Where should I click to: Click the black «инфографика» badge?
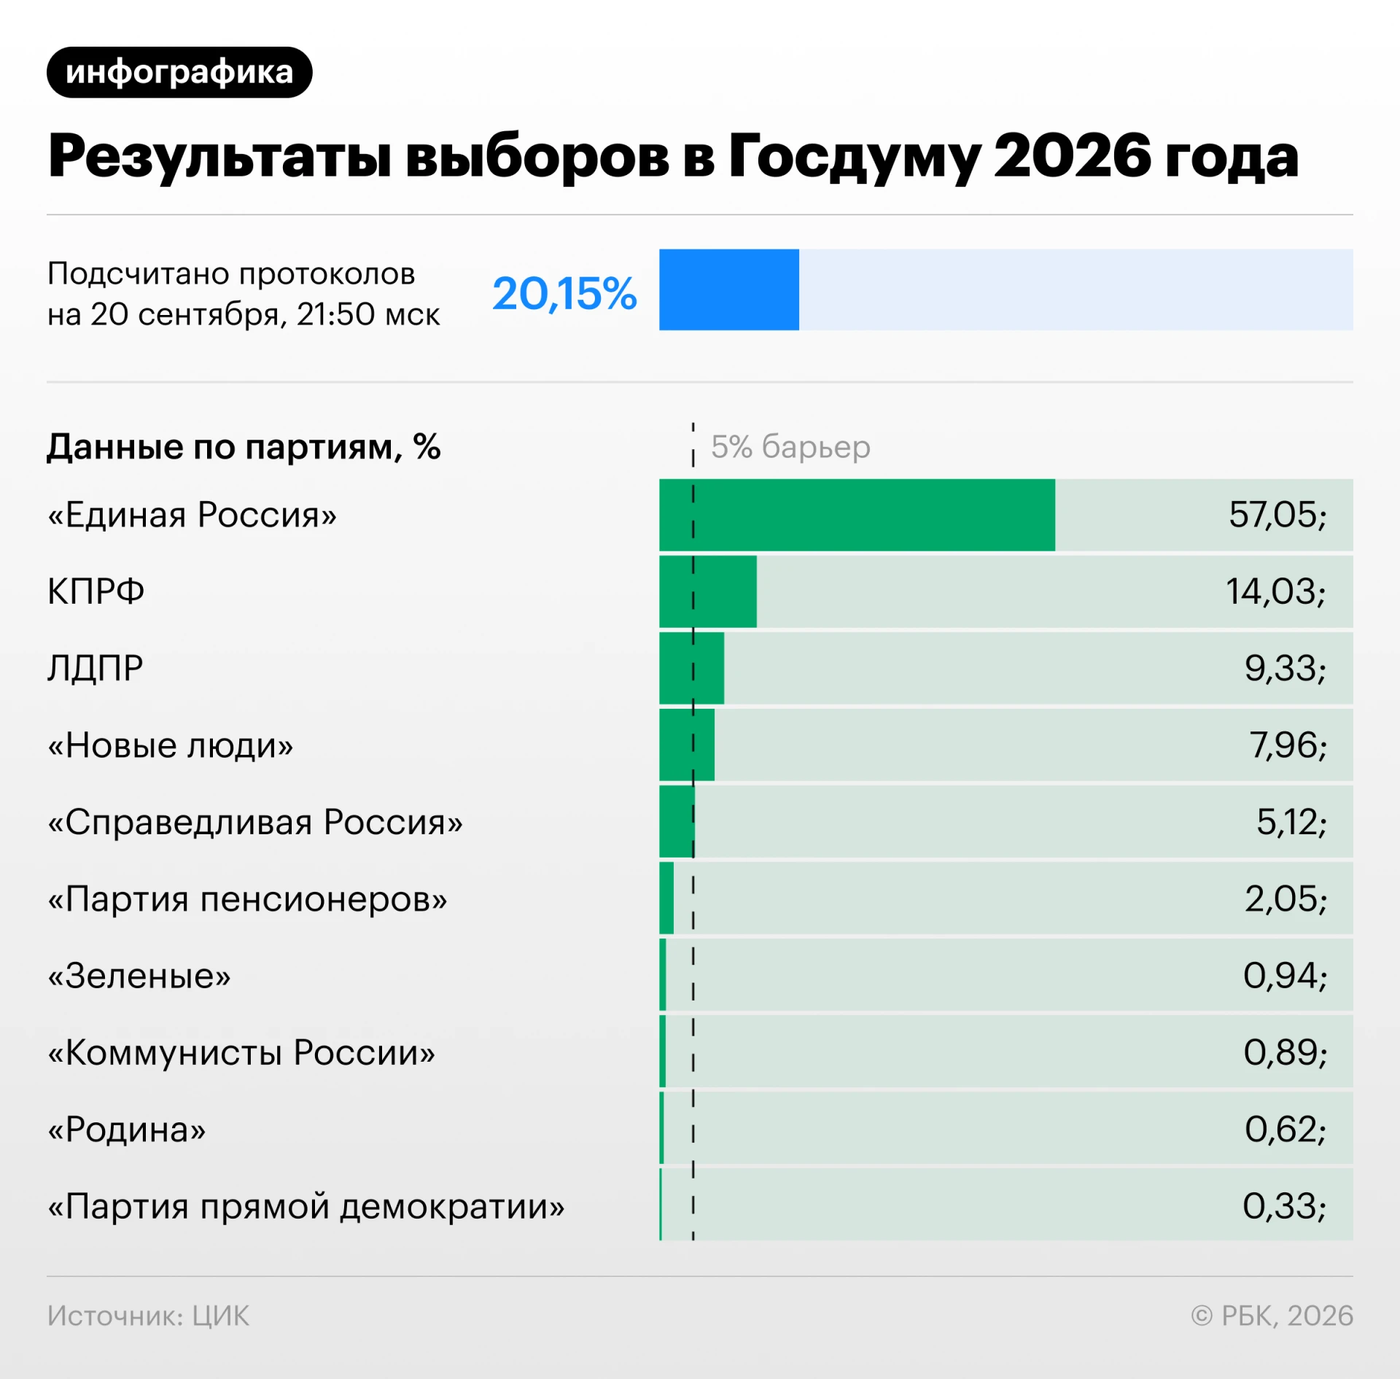coord(179,72)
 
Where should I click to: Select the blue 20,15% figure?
coord(564,293)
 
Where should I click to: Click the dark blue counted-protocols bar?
coord(729,290)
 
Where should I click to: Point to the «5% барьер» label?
coord(790,446)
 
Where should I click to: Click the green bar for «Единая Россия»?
coord(857,515)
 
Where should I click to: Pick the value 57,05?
coord(1277,515)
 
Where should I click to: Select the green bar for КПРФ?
coord(708,591)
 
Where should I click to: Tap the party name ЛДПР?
coord(96,668)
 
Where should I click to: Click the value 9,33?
coord(1286,668)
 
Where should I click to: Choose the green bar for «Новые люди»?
coord(687,745)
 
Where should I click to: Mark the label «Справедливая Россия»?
coord(255,822)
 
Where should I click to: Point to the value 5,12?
coord(1291,822)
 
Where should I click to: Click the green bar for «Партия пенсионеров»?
coord(666,898)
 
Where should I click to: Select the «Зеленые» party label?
coord(139,976)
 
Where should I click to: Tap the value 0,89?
coord(1286,1052)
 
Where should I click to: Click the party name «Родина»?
coord(127,1130)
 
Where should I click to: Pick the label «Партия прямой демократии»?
coord(306,1206)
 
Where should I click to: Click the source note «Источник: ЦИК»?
coord(148,1316)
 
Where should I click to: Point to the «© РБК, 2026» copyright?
coord(1272,1316)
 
